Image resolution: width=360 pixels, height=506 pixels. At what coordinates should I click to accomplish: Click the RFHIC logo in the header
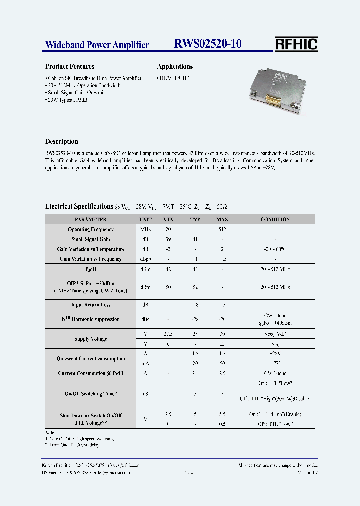[296, 44]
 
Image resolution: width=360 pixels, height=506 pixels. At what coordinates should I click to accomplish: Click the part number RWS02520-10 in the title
[208, 44]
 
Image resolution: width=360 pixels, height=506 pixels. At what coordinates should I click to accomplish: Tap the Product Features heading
[70, 66]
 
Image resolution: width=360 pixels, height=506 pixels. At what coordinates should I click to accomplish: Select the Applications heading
[175, 66]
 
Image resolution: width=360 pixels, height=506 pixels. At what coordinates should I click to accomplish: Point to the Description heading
[62, 141]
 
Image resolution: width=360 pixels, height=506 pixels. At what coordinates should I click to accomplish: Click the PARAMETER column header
[91, 219]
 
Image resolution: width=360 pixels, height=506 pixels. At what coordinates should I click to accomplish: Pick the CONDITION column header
[275, 219]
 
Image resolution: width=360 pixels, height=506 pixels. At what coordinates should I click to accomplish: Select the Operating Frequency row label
[91, 229]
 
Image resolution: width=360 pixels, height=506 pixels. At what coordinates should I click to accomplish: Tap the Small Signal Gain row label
[91, 239]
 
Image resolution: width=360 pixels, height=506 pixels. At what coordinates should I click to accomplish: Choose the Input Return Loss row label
[91, 304]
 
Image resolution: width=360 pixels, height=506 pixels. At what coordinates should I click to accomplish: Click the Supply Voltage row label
[91, 339]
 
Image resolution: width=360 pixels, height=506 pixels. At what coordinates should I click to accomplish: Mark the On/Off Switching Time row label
[91, 394]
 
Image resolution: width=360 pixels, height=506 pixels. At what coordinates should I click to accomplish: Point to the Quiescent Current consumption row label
[91, 358]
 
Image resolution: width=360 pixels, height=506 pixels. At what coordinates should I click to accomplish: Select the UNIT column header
[146, 219]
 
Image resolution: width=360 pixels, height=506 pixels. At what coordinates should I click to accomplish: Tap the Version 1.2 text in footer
[307, 472]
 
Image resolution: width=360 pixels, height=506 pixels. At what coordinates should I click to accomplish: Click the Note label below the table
[50, 432]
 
